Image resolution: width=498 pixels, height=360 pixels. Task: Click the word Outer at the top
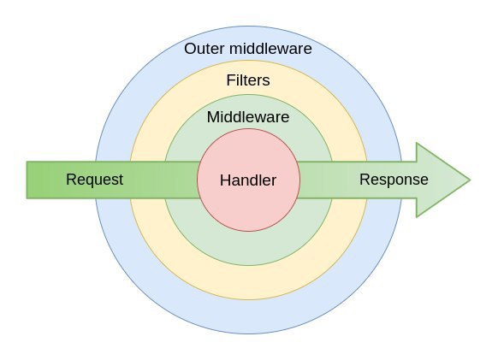point(205,49)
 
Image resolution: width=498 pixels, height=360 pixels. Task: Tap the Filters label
point(248,80)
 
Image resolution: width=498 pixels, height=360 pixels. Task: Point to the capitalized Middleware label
point(248,117)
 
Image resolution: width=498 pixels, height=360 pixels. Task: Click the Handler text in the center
point(248,180)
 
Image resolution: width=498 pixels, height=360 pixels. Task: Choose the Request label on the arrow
point(94,180)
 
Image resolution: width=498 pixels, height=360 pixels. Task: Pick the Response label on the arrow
point(394,180)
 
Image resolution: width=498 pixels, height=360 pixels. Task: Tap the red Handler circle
point(249,210)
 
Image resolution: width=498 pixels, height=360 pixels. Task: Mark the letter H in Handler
point(225,180)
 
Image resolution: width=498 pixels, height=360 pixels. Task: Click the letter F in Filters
point(231,80)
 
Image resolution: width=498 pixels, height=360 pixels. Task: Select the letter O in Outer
point(191,49)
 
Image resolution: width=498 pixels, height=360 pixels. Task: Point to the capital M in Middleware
point(213,117)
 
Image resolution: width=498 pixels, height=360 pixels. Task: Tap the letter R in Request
point(71,180)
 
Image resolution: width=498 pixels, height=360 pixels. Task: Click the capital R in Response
point(365,180)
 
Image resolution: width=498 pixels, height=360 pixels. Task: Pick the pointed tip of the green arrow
point(471,180)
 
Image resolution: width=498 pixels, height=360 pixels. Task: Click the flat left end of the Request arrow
point(27,180)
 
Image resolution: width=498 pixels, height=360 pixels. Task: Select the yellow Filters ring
point(249,282)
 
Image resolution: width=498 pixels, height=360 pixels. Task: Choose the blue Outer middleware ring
point(249,317)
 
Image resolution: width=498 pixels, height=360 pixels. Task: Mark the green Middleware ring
point(249,249)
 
